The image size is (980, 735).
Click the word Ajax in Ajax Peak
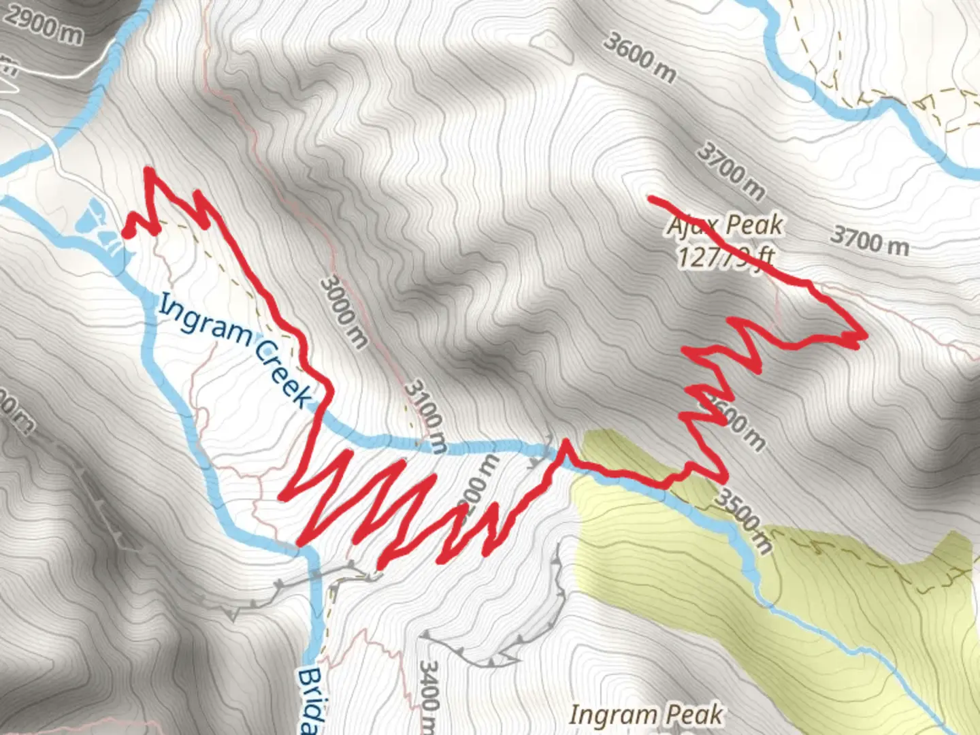[x=691, y=225]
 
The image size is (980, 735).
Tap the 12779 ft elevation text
[x=725, y=257]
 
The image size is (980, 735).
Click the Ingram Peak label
[x=645, y=715]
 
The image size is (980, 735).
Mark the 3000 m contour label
[x=344, y=310]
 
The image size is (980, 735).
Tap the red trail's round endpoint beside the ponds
[x=127, y=234]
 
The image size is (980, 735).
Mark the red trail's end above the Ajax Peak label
[x=651, y=199]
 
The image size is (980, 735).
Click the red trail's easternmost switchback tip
[x=864, y=336]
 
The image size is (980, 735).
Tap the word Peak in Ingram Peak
[x=693, y=715]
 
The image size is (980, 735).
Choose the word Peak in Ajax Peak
[x=754, y=225]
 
